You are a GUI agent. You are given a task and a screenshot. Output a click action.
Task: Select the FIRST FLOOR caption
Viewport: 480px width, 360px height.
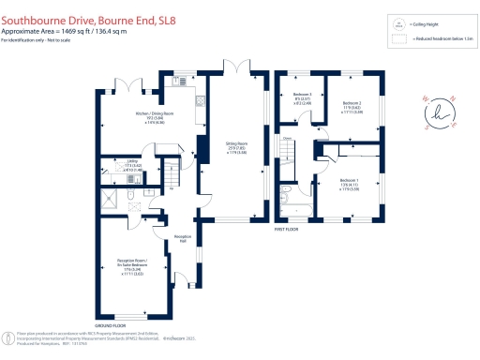285,229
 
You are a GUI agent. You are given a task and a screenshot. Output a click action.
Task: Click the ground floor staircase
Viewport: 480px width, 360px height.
170,172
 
